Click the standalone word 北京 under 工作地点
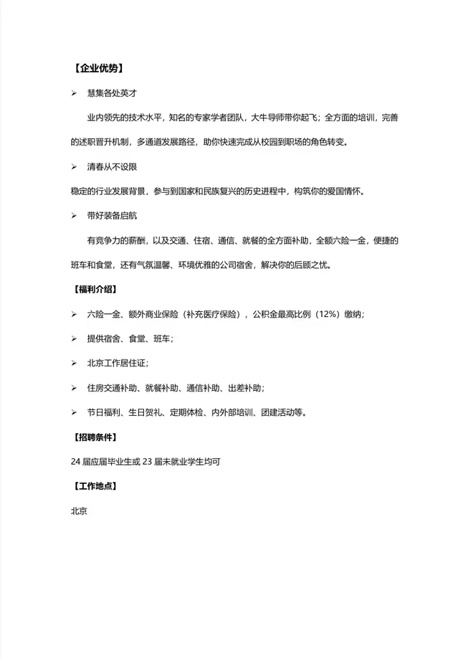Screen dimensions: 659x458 coord(78,511)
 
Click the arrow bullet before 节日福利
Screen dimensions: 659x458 coord(74,412)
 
